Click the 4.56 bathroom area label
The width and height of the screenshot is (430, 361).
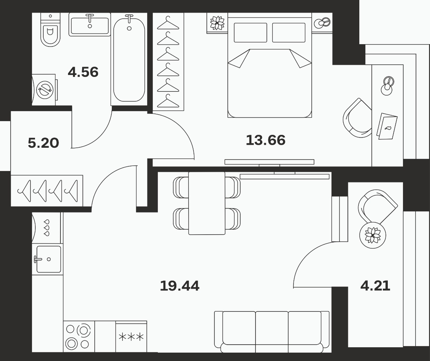point(83,72)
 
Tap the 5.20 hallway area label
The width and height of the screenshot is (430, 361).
point(43,143)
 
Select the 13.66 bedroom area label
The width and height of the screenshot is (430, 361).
point(265,140)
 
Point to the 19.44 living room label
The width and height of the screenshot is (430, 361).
point(179,286)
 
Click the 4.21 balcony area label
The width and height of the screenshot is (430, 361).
point(375,286)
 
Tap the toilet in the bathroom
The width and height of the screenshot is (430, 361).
point(50,30)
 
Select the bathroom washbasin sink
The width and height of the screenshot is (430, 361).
point(90,25)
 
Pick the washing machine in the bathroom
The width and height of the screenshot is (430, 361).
point(44,89)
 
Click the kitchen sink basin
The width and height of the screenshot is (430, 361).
point(49,259)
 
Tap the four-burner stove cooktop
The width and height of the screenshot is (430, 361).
point(79,337)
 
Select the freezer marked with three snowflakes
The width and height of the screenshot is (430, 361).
point(131,337)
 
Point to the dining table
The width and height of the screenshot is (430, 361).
point(207,203)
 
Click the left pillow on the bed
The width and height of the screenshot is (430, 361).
point(251,33)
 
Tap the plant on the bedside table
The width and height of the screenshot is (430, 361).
point(217,23)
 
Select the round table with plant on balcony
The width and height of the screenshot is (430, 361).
point(373,235)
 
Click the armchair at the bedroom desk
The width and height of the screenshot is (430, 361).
point(357,118)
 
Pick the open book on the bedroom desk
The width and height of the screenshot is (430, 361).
point(387,126)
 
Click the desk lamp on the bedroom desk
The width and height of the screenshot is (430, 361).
point(387,86)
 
